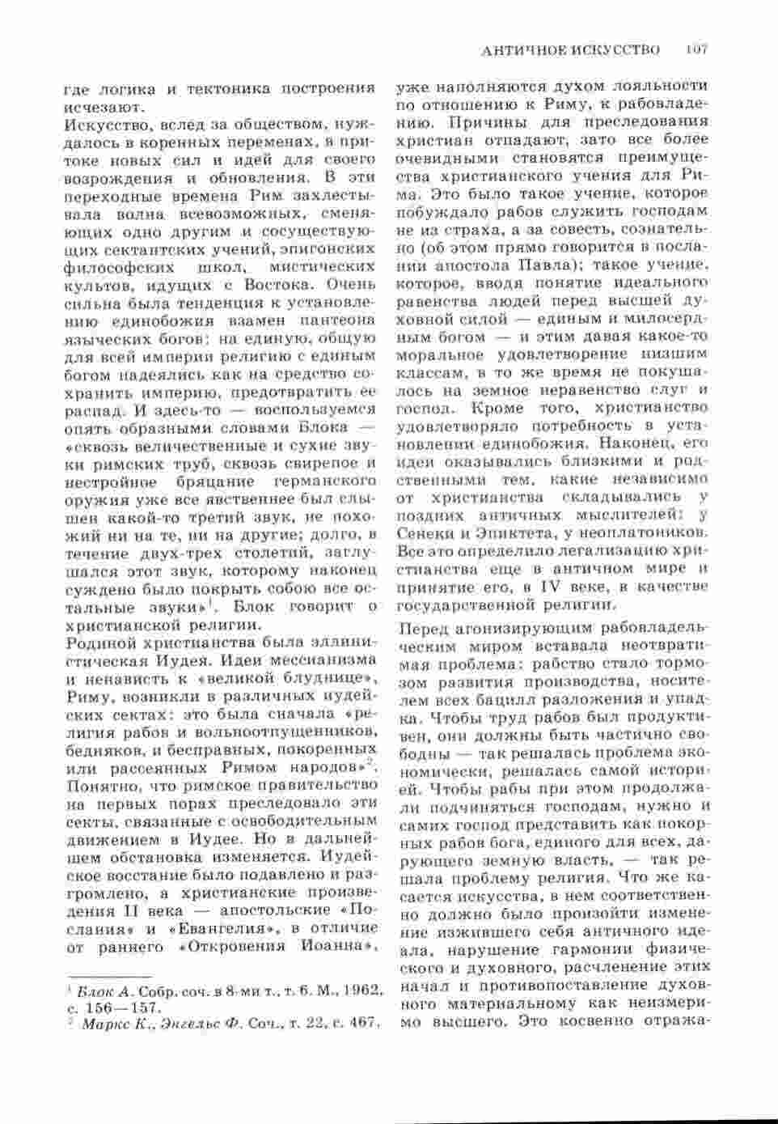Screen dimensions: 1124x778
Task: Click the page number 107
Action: pos(695,50)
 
